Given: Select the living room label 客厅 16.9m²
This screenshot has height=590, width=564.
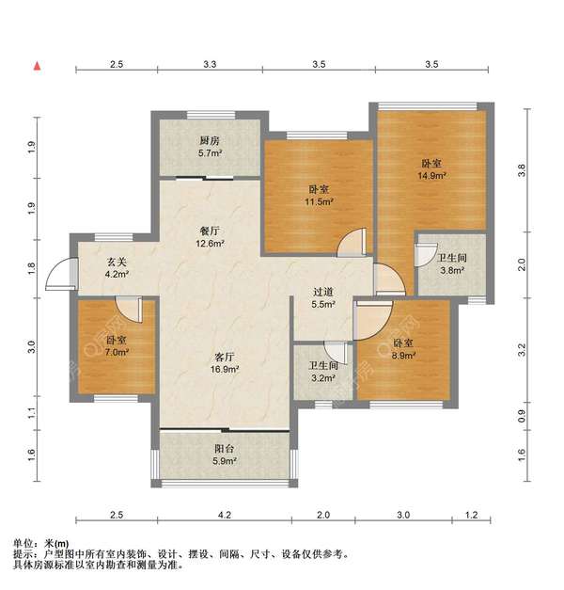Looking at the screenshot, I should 223,363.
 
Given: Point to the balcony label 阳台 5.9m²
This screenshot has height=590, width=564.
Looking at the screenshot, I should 223,455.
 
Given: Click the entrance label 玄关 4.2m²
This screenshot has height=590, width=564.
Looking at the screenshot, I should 117,269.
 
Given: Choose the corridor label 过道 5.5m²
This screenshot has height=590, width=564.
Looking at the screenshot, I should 323,298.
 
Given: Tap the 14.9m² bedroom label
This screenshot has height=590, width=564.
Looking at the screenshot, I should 432,168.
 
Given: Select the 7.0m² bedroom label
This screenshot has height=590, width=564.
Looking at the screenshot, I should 116,346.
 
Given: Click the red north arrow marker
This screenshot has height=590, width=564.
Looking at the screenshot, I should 38,66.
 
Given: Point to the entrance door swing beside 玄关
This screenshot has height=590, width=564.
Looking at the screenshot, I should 61,273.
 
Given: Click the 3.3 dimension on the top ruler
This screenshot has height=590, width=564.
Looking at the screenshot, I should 210,65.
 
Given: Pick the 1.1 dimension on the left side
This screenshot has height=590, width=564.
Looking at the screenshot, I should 31,412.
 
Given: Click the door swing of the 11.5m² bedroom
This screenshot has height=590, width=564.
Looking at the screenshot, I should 350,243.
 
